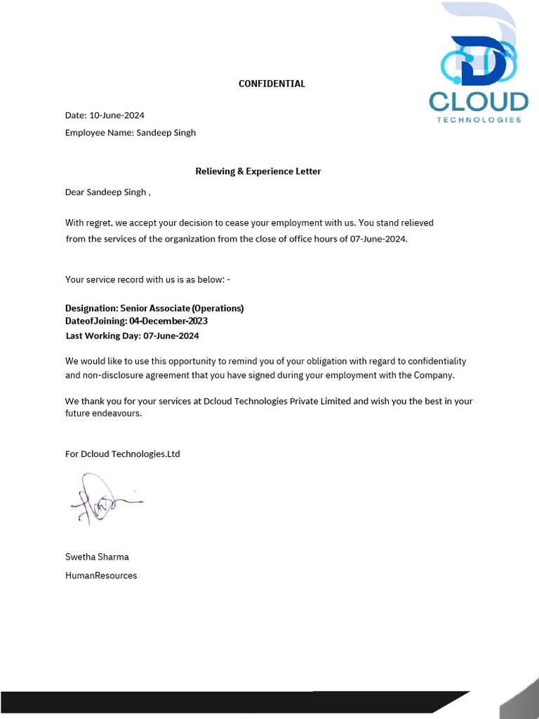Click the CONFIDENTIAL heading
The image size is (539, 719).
tap(272, 84)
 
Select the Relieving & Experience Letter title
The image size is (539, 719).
tap(258, 171)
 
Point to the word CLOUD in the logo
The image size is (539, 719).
tap(479, 102)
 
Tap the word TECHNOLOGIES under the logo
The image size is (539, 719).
tap(479, 120)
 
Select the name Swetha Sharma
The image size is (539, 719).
tap(97, 557)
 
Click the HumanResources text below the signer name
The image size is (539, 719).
tap(101, 576)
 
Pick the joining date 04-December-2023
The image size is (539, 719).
tap(168, 321)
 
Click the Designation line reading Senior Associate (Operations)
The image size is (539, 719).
tap(154, 308)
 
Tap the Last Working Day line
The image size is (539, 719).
tap(132, 336)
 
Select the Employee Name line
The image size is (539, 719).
tap(131, 133)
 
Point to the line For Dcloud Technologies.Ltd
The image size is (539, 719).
tap(123, 454)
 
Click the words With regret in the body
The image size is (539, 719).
tap(88, 223)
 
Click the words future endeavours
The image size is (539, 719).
tap(103, 414)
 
